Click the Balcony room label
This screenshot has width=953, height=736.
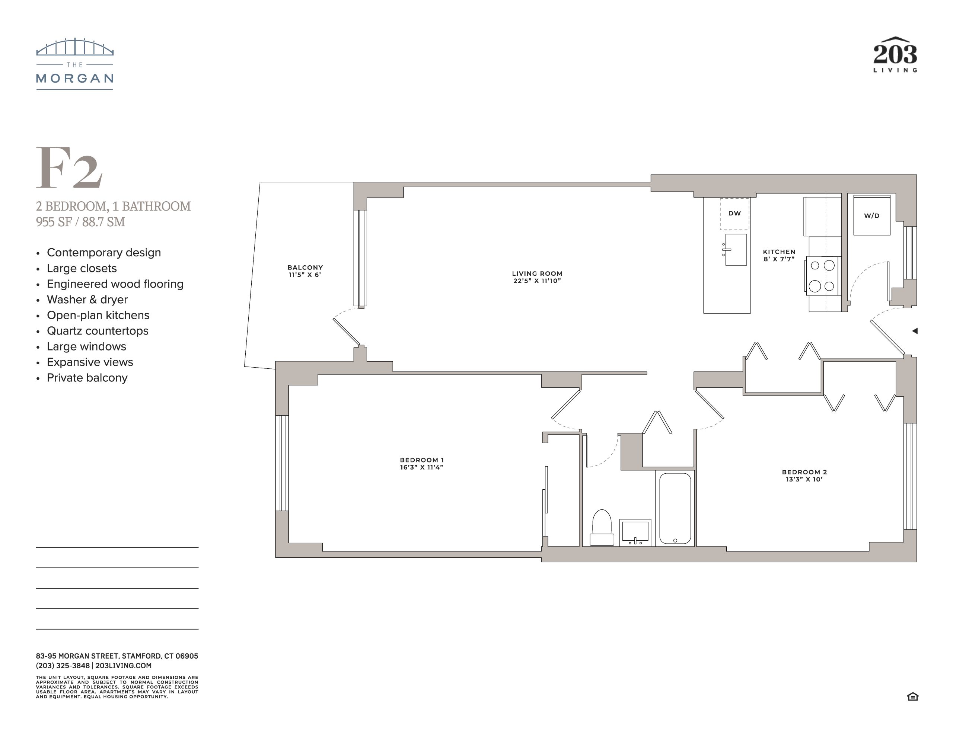[305, 268]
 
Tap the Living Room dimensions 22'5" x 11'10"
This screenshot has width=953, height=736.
[537, 281]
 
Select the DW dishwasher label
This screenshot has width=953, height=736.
[734, 213]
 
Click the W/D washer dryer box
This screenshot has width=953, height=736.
[871, 215]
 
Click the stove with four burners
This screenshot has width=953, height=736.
[822, 276]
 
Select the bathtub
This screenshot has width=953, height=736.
[675, 508]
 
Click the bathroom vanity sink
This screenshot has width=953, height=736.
[635, 532]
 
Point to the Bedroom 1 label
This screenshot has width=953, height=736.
[421, 460]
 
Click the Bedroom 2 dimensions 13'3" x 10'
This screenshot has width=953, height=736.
[804, 479]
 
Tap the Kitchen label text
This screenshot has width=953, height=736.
[779, 252]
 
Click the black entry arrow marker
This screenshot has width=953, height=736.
[915, 331]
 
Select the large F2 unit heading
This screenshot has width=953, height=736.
[69, 167]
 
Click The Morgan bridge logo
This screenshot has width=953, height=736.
[74, 64]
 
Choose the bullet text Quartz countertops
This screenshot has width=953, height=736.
[98, 331]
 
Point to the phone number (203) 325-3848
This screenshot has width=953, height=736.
[63, 666]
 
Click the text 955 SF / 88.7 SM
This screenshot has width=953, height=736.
[80, 222]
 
